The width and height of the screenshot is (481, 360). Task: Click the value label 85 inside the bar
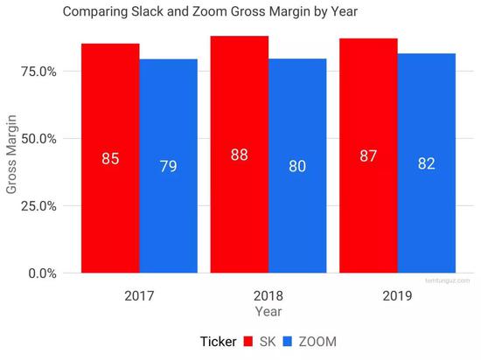click(110, 160)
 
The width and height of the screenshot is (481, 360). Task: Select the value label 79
click(168, 165)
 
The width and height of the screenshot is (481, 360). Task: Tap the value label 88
click(239, 155)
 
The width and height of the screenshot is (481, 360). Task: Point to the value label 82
click(427, 163)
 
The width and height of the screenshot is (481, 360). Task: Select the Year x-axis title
click(268, 309)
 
